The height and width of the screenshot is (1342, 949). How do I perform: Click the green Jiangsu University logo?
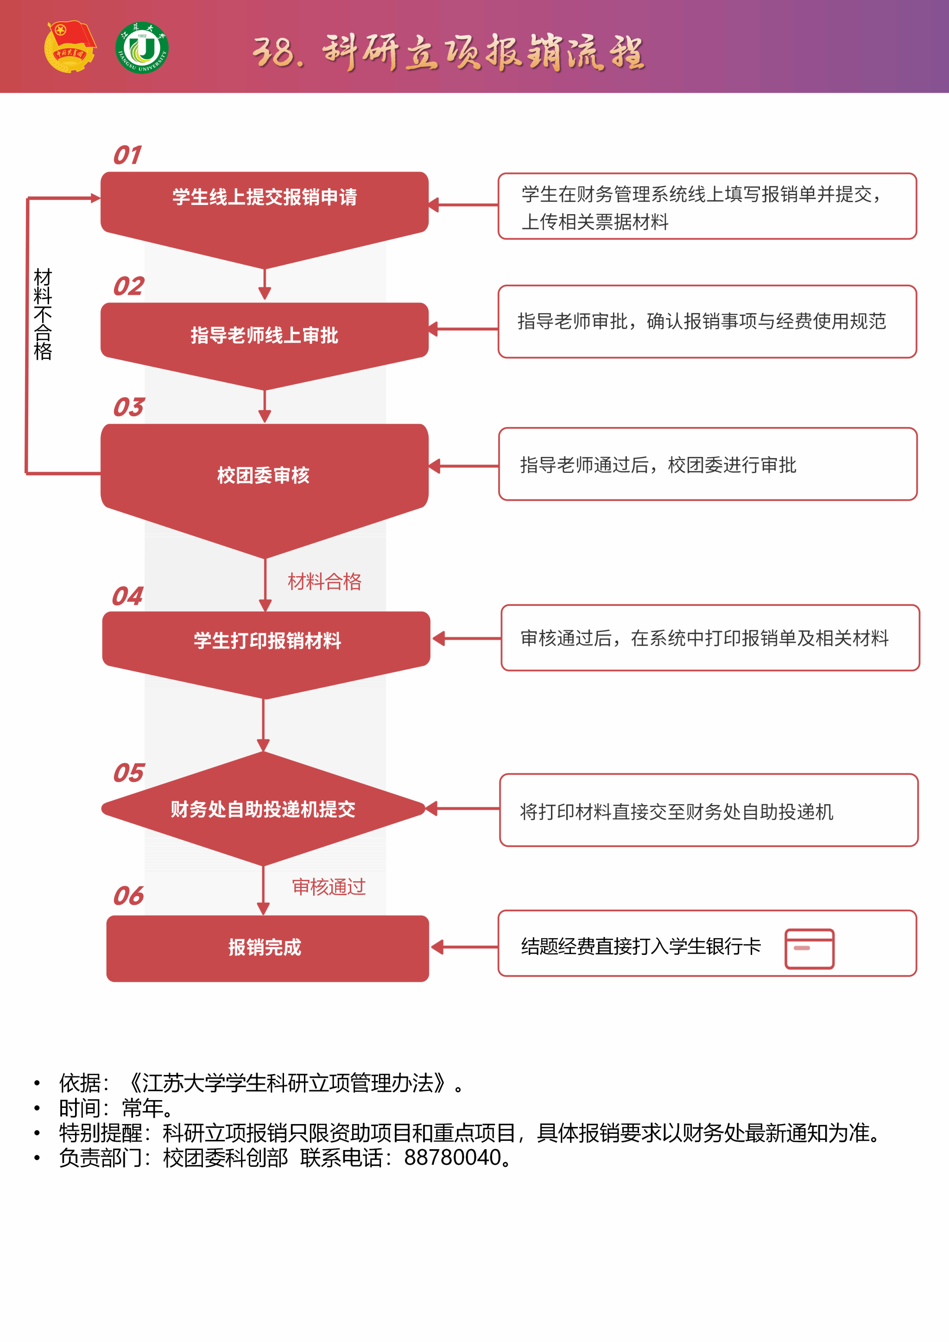pos(142,48)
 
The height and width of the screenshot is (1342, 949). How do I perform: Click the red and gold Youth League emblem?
pos(70,47)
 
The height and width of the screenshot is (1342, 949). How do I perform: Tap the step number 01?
pos(127,155)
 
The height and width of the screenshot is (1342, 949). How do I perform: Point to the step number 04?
pos(127,596)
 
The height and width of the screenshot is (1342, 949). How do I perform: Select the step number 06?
pos(128,896)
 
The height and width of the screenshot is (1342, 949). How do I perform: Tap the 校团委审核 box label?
pos(264,475)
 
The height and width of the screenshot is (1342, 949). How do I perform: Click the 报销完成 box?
pos(268,948)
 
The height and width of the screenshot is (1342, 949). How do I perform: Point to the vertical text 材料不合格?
pos(43,314)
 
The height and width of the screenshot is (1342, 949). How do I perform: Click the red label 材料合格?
pos(325,582)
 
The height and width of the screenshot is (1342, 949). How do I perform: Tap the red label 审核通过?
pos(329,887)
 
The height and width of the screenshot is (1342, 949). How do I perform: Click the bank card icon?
pos(810,948)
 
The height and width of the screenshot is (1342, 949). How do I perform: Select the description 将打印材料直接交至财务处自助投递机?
pos(677,812)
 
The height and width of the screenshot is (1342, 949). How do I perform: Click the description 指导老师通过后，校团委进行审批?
pos(658,464)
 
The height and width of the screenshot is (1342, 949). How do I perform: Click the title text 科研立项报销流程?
pos(483,51)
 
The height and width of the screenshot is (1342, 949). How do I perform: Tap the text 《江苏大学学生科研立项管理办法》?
pos(287,1083)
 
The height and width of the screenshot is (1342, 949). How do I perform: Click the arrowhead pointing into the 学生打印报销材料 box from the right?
pos(438,638)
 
